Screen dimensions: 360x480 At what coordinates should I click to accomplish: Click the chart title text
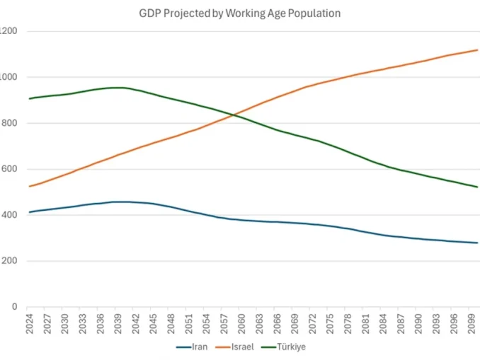(240, 13)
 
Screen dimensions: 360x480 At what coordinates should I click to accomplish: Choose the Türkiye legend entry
(287, 347)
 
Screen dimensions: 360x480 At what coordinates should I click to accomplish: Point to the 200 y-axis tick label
(8, 261)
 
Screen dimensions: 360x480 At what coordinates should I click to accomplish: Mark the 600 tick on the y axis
(8, 169)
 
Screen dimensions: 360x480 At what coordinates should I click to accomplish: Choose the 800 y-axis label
(8, 123)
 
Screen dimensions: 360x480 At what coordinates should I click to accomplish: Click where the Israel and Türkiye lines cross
(234, 115)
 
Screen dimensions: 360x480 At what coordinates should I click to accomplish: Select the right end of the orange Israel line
(478, 50)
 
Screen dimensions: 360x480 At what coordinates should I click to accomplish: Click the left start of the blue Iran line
(29, 212)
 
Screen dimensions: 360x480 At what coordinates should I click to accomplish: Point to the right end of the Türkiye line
(478, 187)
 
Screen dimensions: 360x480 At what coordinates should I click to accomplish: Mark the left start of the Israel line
(29, 186)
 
